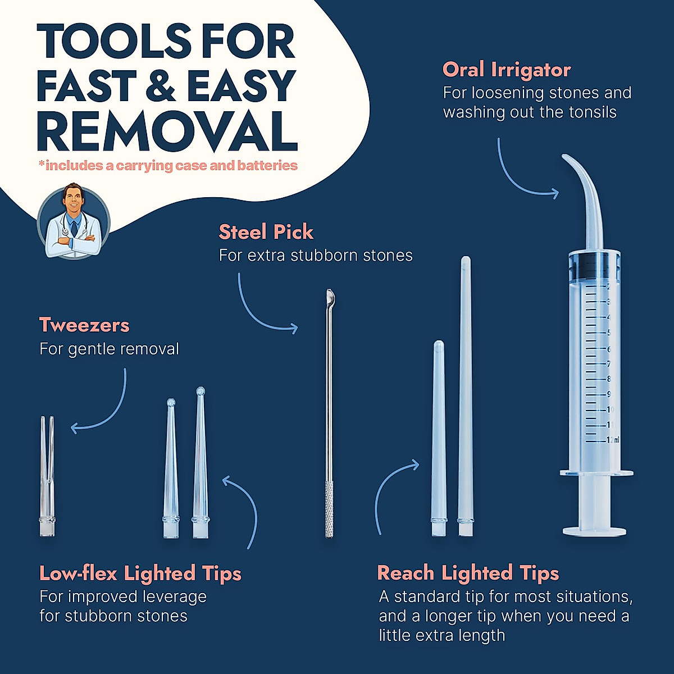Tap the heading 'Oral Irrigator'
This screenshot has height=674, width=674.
point(506,70)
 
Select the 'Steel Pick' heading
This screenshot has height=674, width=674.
point(266,232)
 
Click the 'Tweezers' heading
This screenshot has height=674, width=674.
point(84,325)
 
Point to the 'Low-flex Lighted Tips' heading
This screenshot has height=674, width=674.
point(140,573)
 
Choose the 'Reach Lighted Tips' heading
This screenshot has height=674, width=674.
point(468,573)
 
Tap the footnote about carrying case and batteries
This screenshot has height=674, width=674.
point(168,166)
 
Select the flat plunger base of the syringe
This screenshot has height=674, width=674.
point(594,531)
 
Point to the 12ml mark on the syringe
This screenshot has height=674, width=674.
point(613,440)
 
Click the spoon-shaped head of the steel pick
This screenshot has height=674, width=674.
point(330,295)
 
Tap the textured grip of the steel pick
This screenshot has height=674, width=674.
point(330,508)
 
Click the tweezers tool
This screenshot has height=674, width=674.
point(47,477)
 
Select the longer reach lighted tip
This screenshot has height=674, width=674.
point(465,393)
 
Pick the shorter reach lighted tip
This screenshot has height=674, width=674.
point(438,438)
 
